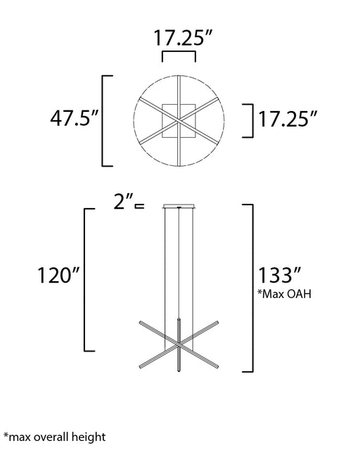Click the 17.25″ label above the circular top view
click(x=183, y=37)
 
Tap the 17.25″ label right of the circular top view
click(x=288, y=119)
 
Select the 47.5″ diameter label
click(x=75, y=119)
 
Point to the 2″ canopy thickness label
click(x=124, y=201)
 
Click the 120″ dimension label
click(x=58, y=275)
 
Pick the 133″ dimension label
click(x=280, y=275)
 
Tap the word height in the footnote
click(x=89, y=437)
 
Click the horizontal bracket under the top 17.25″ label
click(x=179, y=52)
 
